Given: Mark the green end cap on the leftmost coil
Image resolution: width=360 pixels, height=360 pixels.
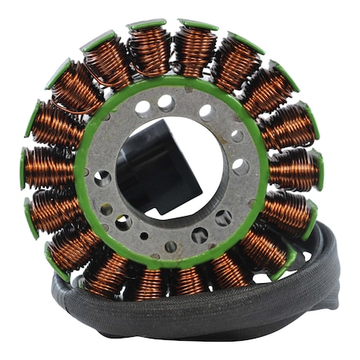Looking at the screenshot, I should [x=24, y=167].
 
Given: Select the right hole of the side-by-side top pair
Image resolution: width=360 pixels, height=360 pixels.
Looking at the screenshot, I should [x=166, y=102].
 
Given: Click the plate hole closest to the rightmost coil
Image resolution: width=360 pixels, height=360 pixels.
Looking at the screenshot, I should [x=239, y=167].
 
